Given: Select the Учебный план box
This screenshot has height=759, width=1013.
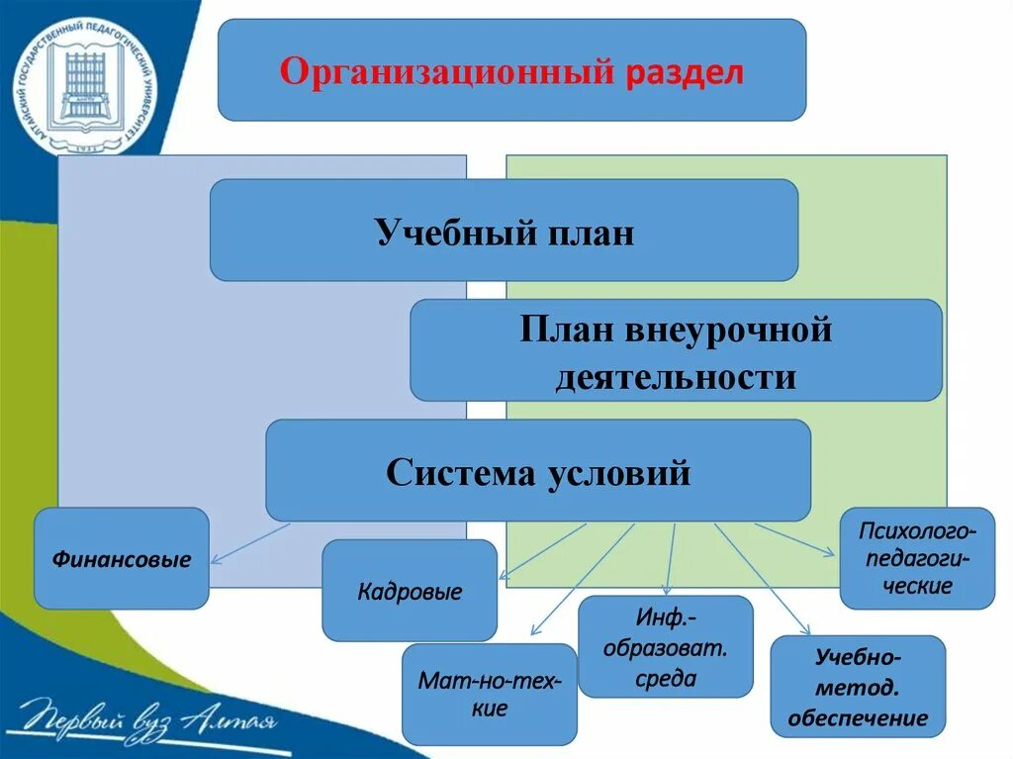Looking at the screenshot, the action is pyautogui.click(x=504, y=231).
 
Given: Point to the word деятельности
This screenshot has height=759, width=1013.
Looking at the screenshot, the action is pyautogui.click(x=676, y=377).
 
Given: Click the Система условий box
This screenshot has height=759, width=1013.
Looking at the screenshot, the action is pyautogui.click(x=538, y=471).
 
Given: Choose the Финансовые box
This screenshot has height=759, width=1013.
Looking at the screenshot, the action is pyautogui.click(x=122, y=559).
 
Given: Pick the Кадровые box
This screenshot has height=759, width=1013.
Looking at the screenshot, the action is pyautogui.click(x=410, y=592).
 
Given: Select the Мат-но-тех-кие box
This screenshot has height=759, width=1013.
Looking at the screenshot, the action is pyautogui.click(x=490, y=695).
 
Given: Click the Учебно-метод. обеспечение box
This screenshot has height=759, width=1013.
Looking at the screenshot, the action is pyautogui.click(x=858, y=687).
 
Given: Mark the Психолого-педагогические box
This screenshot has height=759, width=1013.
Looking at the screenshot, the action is pyautogui.click(x=917, y=557).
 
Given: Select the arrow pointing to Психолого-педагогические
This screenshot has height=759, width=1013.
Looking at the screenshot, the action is pyautogui.click(x=796, y=539).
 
